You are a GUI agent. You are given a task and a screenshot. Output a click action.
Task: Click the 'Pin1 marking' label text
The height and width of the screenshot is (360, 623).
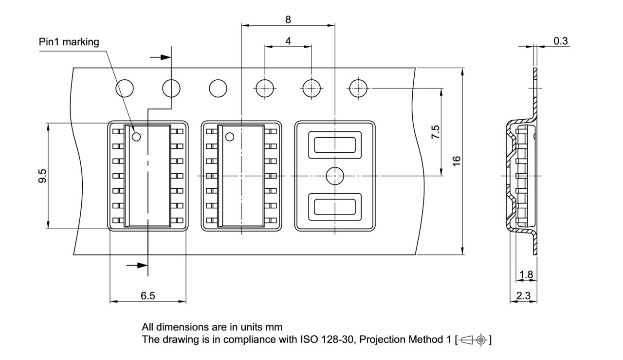(x=69, y=42)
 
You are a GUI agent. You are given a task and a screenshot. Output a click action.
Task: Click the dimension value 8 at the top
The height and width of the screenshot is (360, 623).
(x=288, y=19)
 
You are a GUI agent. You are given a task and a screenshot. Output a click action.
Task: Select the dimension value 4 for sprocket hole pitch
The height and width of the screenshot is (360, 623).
(x=288, y=41)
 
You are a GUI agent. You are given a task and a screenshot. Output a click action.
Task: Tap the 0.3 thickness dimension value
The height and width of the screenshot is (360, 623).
(x=560, y=41)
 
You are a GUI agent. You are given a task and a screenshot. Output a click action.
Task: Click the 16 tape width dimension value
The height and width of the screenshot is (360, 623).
(x=457, y=161)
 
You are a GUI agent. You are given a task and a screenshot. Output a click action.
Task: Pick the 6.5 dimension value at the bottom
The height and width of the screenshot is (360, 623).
(x=147, y=296)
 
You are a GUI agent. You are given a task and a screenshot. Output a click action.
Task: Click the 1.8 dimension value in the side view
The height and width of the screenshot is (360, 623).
(x=526, y=275)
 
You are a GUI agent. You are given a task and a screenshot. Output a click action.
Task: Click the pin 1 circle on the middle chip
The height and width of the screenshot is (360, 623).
(x=229, y=137)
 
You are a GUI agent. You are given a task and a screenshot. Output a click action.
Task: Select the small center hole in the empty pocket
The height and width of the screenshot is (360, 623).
(x=335, y=176)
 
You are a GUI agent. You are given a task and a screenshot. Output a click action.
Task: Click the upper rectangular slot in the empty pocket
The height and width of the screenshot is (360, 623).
(x=335, y=145)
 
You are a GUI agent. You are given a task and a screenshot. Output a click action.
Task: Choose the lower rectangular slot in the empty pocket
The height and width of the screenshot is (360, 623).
(x=335, y=206)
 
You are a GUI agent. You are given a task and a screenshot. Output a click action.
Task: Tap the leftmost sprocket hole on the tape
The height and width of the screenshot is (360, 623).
(x=125, y=89)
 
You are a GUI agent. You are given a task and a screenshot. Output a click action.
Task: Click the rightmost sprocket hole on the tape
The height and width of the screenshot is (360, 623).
(x=358, y=89)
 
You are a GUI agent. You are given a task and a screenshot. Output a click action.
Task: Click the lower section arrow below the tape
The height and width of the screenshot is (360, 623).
(x=137, y=265)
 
